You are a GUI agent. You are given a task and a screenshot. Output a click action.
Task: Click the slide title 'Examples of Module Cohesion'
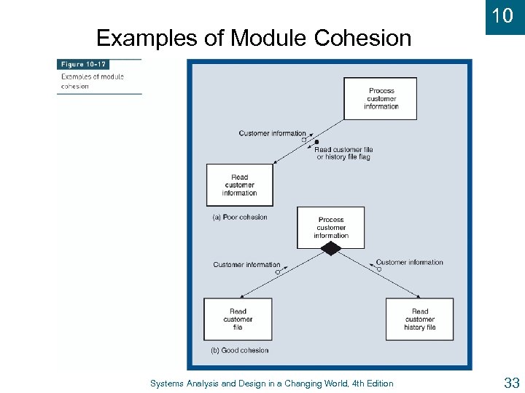pos(254,38)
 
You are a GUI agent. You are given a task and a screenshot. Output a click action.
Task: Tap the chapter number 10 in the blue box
pos(502,16)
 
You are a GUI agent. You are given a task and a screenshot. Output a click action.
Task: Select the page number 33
pos(510,383)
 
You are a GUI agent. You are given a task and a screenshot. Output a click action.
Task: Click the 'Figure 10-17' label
pos(85,65)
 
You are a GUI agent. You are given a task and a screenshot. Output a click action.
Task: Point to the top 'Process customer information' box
pos(381,98)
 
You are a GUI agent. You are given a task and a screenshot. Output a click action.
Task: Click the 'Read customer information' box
pos(239,185)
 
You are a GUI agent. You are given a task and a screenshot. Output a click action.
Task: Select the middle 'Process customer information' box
pos(331,227)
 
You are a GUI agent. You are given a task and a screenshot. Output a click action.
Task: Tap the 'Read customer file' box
pos(238,319)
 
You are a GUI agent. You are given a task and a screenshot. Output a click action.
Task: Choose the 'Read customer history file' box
pos(419,319)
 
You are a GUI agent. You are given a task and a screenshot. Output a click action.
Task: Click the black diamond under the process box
pos(331,249)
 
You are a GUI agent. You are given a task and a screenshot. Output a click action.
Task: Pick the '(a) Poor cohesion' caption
pos(239,217)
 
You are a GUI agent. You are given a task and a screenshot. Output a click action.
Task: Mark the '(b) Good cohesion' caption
pos(239,350)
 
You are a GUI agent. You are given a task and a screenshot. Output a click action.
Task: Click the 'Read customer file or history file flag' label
pos(343,153)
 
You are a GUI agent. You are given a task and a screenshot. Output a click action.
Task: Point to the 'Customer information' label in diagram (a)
pos(272,133)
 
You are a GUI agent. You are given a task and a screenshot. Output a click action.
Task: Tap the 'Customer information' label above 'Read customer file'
pos(246,264)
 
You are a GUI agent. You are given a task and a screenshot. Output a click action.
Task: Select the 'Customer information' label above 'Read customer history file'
pos(409,262)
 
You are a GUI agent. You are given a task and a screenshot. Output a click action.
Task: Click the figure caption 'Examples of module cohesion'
pos(92,81)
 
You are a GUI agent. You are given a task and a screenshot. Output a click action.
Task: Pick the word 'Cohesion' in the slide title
pos(362,38)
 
